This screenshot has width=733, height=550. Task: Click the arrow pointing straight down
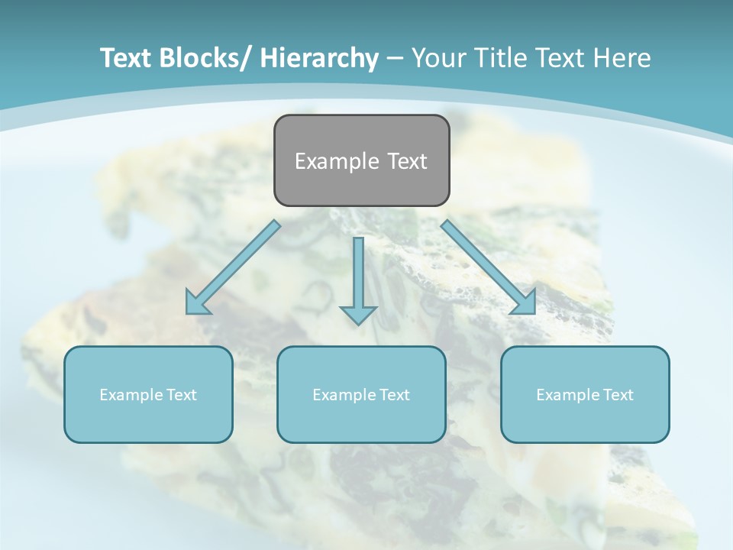pyautogui.click(x=358, y=275)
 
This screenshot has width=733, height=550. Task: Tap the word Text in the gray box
pyautogui.click(x=405, y=161)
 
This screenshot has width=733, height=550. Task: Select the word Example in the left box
pyautogui.click(x=127, y=395)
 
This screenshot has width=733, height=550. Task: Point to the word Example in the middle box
pyautogui.click(x=340, y=395)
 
